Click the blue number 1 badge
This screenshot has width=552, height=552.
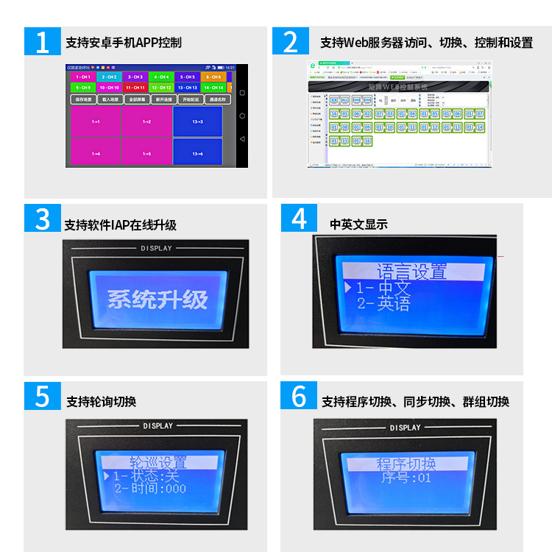42,41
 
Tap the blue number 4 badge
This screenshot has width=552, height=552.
299,219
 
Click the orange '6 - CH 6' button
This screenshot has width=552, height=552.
213,77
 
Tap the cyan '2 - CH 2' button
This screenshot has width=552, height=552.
108,77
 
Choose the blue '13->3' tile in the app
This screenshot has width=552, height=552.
197,121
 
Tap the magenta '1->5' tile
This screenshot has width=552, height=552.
146,153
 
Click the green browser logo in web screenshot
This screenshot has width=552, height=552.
313,65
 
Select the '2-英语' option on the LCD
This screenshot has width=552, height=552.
383,304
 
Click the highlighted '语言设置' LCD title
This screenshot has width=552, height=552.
411,272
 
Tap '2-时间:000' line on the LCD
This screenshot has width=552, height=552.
150,488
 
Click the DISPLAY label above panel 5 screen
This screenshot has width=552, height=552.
158,426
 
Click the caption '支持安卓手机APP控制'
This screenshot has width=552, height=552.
123,42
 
